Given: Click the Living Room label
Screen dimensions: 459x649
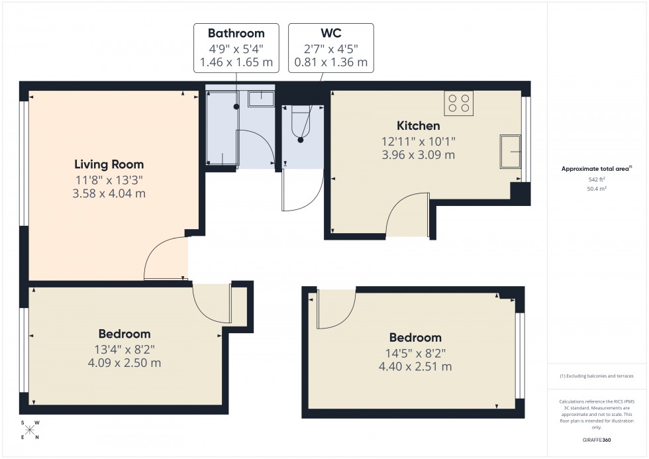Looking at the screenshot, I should click(x=109, y=164).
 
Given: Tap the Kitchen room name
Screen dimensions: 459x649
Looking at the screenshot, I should click(x=418, y=126).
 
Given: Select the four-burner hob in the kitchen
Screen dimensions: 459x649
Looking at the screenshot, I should click(x=459, y=102).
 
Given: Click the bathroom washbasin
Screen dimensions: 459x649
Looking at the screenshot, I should click(x=261, y=99).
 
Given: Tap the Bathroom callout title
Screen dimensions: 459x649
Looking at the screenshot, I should click(x=236, y=33).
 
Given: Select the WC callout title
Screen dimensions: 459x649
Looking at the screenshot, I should click(x=330, y=33).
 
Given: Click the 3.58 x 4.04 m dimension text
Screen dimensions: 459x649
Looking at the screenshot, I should click(x=109, y=194).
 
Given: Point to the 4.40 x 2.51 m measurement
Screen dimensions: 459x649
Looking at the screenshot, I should click(x=415, y=366).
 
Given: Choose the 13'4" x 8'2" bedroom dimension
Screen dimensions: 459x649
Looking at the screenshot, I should click(x=125, y=348).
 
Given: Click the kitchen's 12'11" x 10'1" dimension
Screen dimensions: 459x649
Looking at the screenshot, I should click(x=418, y=141).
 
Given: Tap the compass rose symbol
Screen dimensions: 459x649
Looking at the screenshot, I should click(x=30, y=429).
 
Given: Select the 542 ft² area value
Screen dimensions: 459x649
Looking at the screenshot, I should click(x=597, y=179).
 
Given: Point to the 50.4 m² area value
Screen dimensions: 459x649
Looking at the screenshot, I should click(x=597, y=189).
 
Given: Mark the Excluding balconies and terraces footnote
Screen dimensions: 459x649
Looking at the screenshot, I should click(x=597, y=376).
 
